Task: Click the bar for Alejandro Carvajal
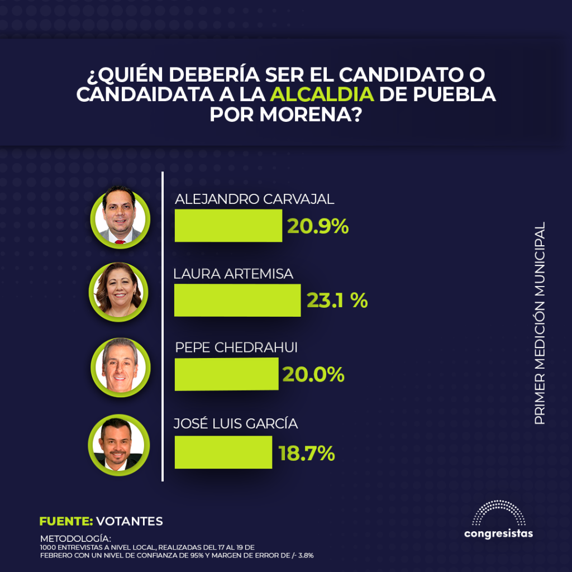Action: (x=228, y=226)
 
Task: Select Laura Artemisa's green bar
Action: (x=237, y=300)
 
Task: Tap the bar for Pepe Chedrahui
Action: (x=226, y=374)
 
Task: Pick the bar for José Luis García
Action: (x=223, y=452)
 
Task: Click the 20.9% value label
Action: (x=318, y=226)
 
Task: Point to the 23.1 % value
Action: (x=337, y=301)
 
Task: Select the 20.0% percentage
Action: (x=313, y=375)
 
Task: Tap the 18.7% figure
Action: (x=307, y=453)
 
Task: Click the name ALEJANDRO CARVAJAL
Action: (x=255, y=199)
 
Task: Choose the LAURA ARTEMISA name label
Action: (x=233, y=274)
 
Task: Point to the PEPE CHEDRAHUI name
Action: (x=236, y=347)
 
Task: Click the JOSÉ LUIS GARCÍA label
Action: (x=236, y=424)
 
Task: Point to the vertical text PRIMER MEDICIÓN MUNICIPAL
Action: (x=540, y=323)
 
